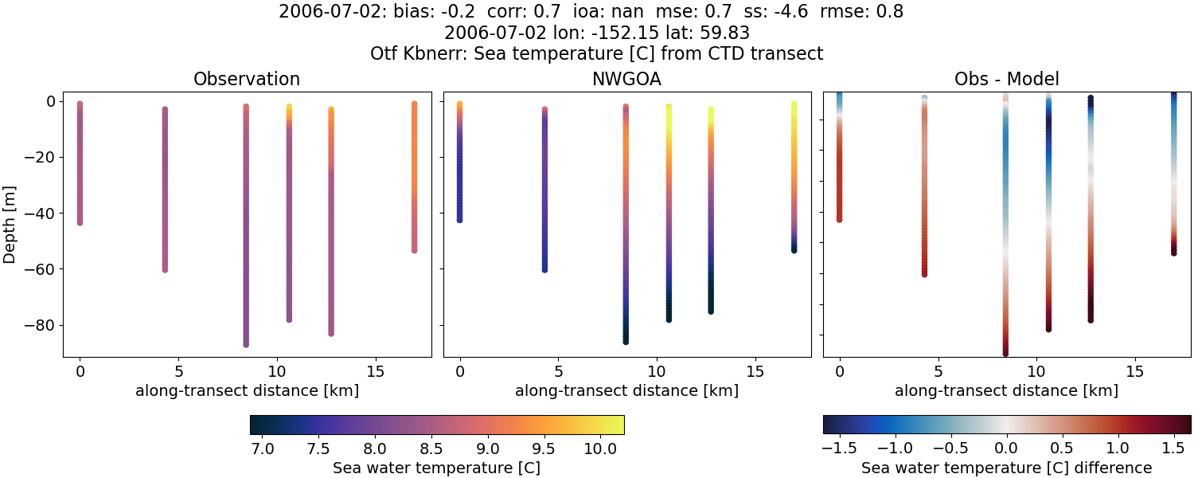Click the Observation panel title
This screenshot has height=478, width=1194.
(x=247, y=79)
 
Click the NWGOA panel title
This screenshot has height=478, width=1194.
(x=626, y=79)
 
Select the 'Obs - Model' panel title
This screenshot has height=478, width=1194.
(x=1006, y=79)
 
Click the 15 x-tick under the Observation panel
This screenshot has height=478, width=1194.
(x=376, y=371)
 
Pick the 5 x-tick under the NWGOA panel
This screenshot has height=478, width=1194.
(x=558, y=371)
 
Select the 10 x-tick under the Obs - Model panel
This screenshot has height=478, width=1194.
(x=1036, y=371)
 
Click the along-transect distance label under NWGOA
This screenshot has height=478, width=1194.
(x=626, y=391)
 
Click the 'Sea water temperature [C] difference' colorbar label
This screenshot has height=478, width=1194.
(x=1006, y=468)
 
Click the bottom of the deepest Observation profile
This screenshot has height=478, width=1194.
(x=246, y=344)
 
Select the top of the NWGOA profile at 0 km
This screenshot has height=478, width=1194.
(x=459, y=104)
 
